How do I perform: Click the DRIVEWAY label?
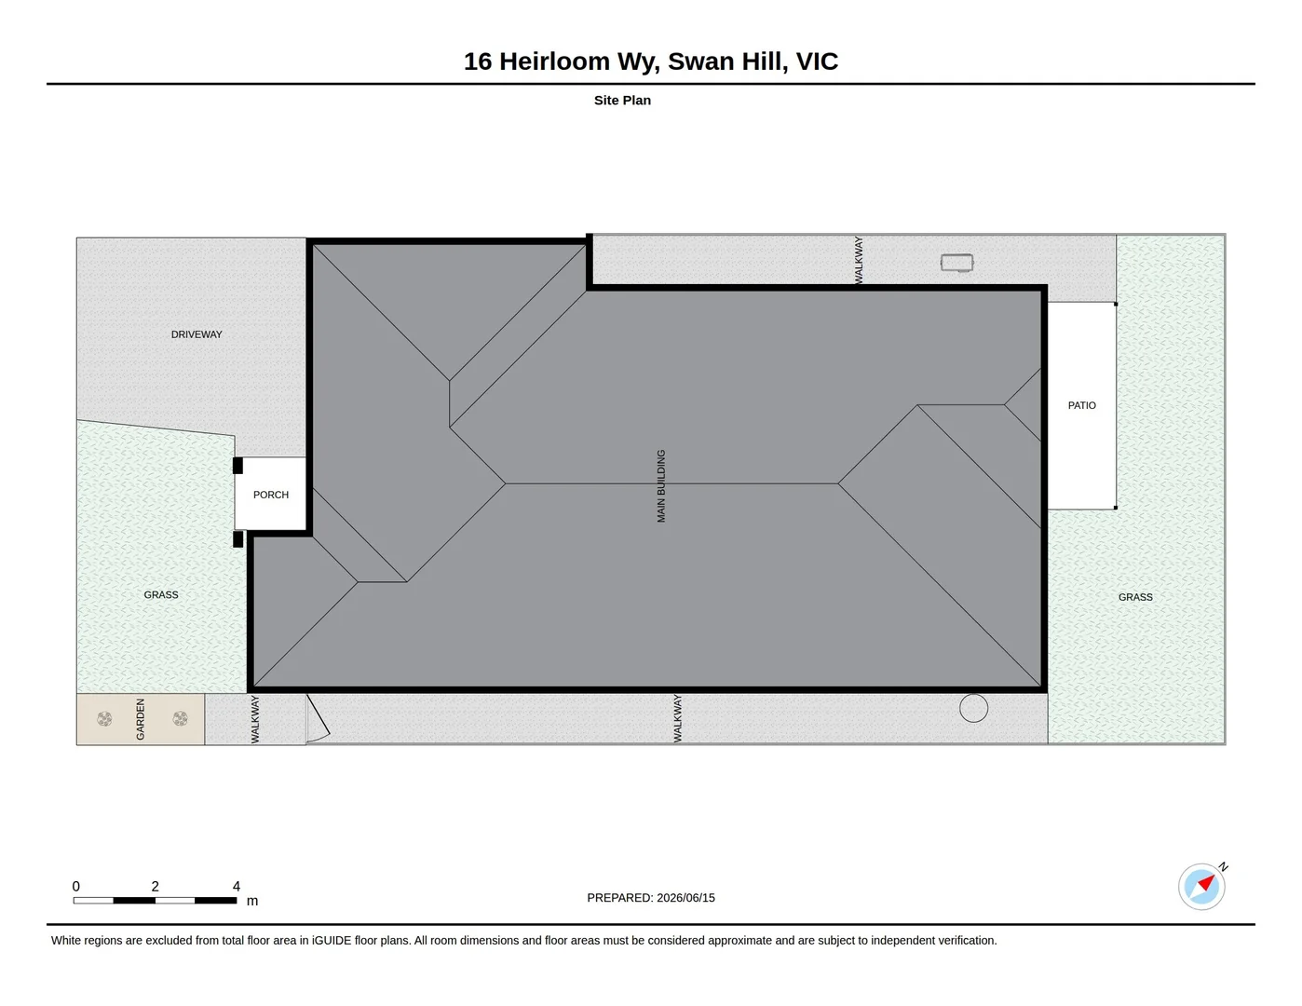pos(197,334)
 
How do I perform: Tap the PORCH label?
pos(271,495)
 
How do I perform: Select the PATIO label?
pos(1081,405)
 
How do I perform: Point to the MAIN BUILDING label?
pos(661,486)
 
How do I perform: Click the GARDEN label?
pos(141,719)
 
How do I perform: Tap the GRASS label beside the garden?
pos(160,595)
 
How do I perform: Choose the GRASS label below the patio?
pos(1135,597)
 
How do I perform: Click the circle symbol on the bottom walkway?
pos(973,708)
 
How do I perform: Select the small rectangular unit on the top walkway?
pos(956,263)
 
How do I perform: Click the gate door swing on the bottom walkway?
pos(319,719)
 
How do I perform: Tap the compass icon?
pos(1201,887)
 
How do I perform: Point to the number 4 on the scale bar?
pos(236,886)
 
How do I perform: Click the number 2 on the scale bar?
pos(156,886)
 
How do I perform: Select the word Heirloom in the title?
pos(554,61)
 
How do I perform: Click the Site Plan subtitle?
pos(622,100)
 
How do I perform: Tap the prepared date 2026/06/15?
pos(685,898)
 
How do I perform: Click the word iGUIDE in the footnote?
pos(332,941)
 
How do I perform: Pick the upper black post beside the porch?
pos(237,466)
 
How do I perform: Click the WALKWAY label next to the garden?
pos(255,720)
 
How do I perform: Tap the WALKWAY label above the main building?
pos(859,260)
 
